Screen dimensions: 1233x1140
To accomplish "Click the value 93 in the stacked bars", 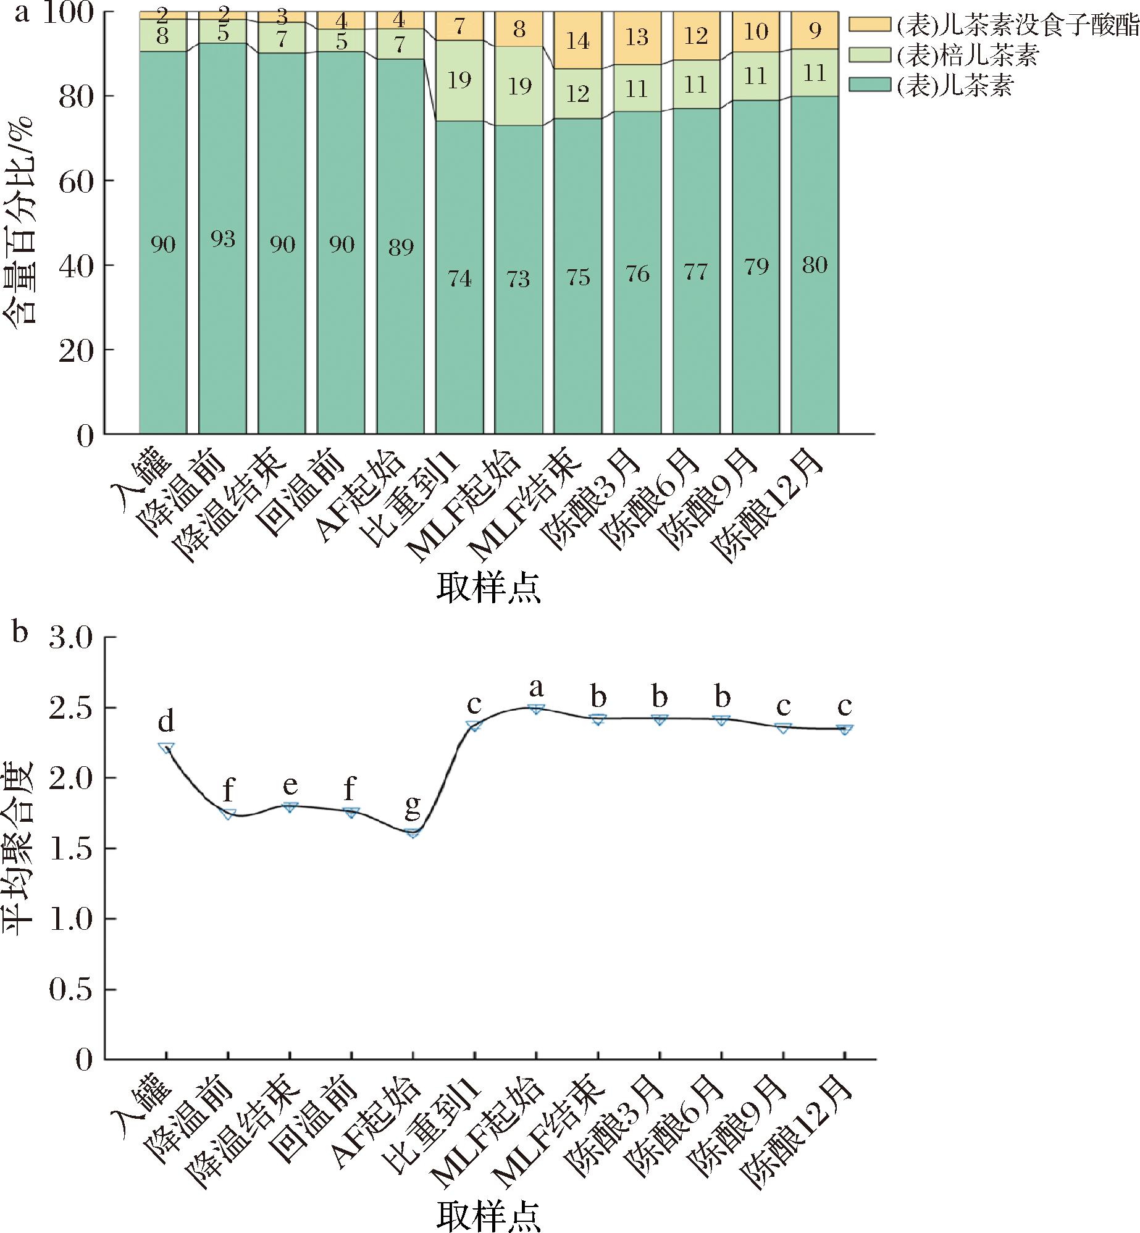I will pyautogui.click(x=223, y=238).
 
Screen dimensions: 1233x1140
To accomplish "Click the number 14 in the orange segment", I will pyautogui.click(x=578, y=41).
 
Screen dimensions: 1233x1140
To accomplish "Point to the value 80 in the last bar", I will pyautogui.click(x=815, y=265).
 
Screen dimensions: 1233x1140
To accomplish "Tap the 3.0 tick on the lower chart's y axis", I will pyautogui.click(x=70, y=637).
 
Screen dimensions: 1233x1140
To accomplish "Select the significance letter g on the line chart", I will pyautogui.click(x=413, y=805).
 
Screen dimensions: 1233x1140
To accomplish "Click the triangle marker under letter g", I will pyautogui.click(x=413, y=833).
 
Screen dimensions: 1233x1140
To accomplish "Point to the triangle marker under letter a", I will pyautogui.click(x=536, y=709).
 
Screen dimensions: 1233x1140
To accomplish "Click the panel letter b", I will pyautogui.click(x=20, y=634).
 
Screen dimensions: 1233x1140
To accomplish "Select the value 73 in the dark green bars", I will pyautogui.click(x=519, y=280).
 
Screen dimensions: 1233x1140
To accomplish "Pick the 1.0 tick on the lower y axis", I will pyautogui.click(x=70, y=919).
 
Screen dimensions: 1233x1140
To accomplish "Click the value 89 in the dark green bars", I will pyautogui.click(x=400, y=248).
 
